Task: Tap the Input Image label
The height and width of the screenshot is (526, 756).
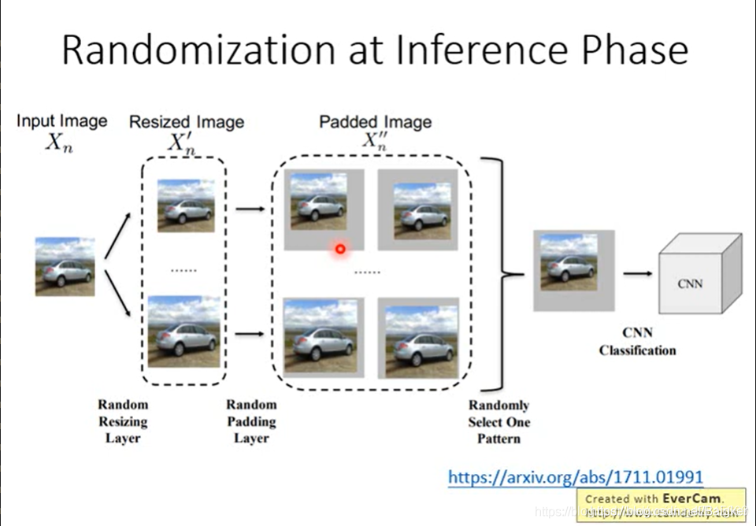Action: (x=62, y=120)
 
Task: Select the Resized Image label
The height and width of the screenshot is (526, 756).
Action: (x=187, y=121)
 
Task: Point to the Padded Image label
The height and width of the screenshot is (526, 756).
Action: (x=375, y=121)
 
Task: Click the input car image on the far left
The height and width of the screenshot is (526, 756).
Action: (x=65, y=267)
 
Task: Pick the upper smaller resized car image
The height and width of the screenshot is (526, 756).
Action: (x=185, y=206)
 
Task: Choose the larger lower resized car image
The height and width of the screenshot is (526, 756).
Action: (x=183, y=331)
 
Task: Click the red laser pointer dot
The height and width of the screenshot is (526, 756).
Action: (x=340, y=249)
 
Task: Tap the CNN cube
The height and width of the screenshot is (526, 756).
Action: (x=699, y=276)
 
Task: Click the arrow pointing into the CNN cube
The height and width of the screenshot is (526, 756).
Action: (x=637, y=273)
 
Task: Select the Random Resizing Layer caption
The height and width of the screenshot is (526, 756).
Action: (x=123, y=421)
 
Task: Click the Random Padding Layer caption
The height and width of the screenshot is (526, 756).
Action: (x=252, y=421)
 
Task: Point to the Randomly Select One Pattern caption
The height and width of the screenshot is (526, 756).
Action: (x=499, y=422)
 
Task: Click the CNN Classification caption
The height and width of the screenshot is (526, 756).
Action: (x=638, y=342)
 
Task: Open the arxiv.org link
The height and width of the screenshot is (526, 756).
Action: (x=576, y=476)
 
